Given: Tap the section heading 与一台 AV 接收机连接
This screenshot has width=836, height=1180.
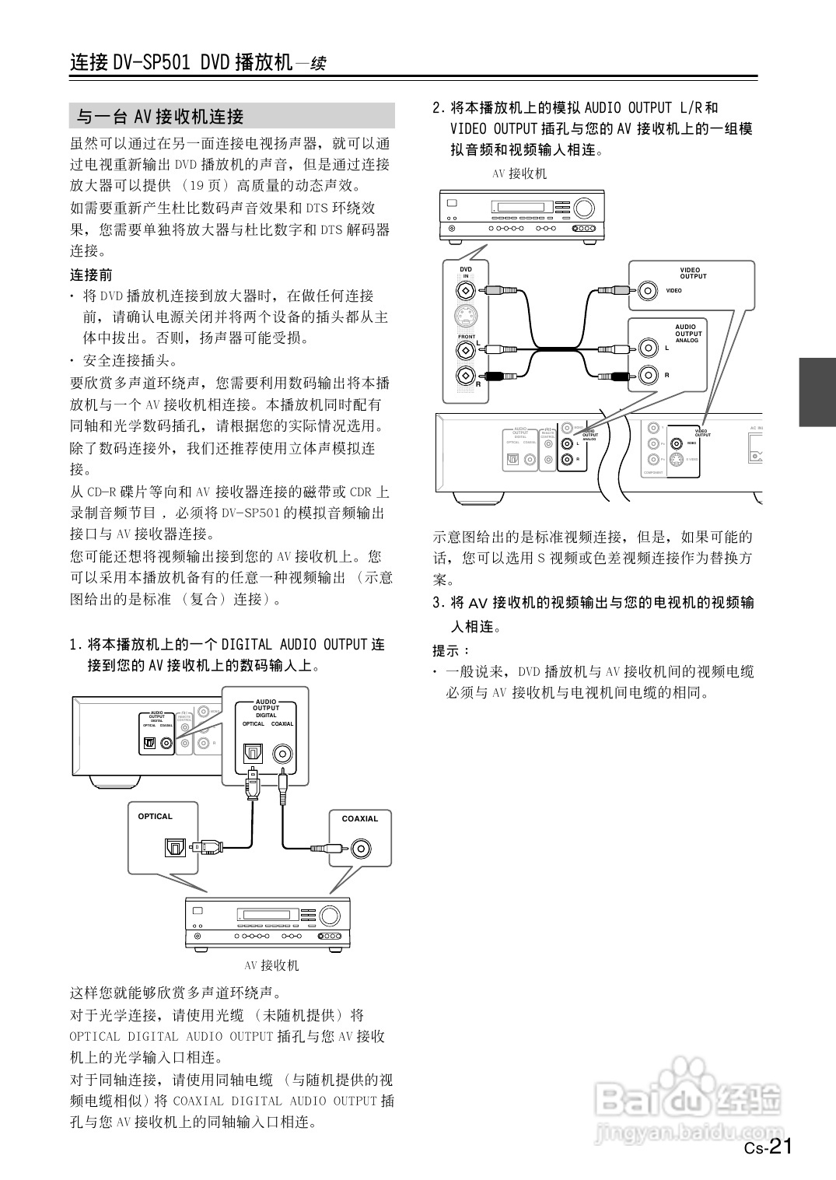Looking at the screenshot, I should (x=160, y=117).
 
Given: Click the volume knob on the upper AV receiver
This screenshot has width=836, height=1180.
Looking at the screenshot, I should (x=583, y=208).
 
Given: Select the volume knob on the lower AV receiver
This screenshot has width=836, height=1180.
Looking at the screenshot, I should (x=330, y=915).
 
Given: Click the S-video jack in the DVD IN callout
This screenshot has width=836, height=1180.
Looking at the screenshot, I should (x=465, y=318).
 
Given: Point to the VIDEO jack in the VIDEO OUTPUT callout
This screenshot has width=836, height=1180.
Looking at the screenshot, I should (x=647, y=291).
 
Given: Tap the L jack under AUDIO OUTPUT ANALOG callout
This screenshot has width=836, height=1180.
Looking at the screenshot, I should (x=647, y=348).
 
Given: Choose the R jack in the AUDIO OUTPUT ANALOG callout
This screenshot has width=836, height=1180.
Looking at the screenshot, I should (x=647, y=376).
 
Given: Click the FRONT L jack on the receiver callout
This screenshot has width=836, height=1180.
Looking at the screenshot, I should (x=465, y=349).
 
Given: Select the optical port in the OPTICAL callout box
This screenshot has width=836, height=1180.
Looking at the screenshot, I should (x=174, y=846).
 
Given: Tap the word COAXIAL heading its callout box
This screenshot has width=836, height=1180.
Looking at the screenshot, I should (x=360, y=818).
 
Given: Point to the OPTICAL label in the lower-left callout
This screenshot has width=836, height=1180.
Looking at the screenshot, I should (x=155, y=816).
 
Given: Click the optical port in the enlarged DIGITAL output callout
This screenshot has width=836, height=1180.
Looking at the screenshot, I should (x=254, y=753).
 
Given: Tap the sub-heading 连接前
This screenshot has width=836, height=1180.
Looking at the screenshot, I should (x=91, y=275).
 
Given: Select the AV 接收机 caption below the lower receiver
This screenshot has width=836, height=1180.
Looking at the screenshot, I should (x=271, y=965).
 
